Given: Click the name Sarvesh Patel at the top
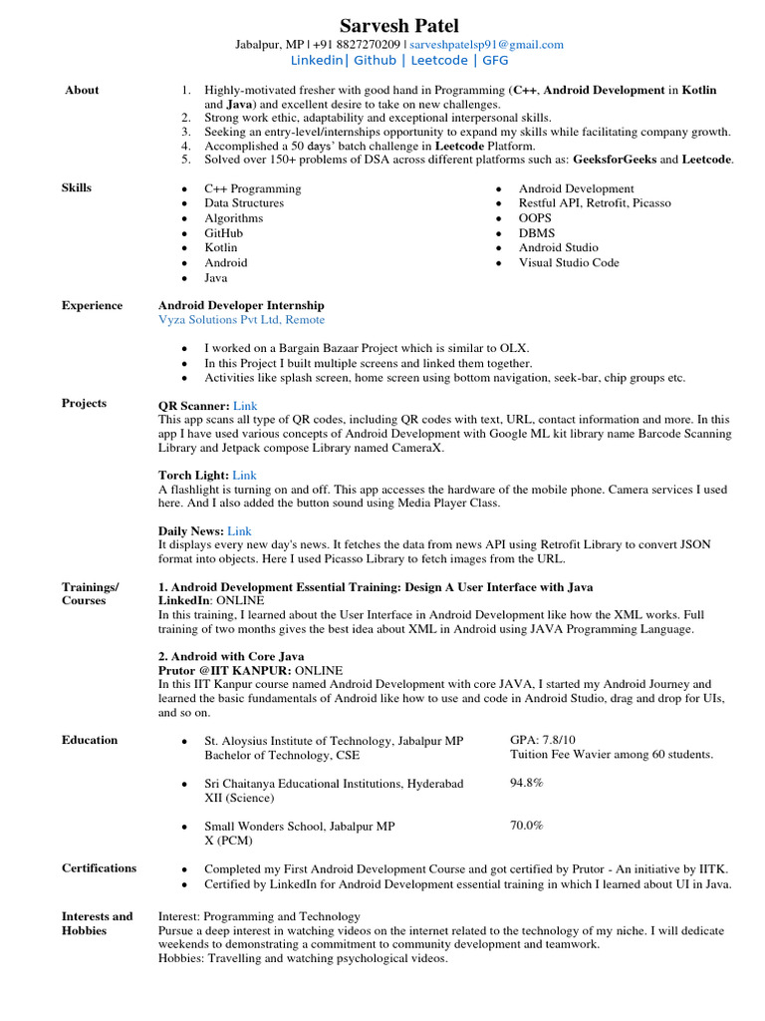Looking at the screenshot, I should [399, 25].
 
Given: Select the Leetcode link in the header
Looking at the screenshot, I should [439, 61].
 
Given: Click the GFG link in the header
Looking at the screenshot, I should [495, 61].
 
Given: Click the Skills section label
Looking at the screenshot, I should [76, 187].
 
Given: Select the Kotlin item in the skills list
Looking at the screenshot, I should [221, 247].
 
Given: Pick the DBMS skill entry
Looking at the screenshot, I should [536, 232].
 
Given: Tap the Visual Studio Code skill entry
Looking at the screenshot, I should [569, 262].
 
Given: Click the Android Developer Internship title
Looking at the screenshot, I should [241, 305].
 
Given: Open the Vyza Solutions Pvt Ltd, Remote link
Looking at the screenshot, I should [241, 320].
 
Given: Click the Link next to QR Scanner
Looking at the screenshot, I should [245, 406].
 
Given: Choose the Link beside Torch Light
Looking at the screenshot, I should [244, 476].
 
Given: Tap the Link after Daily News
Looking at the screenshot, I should [239, 531].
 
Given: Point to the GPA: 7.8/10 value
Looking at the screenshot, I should [543, 741].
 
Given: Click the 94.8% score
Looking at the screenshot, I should [527, 784].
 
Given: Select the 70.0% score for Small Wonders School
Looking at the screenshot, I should [527, 826].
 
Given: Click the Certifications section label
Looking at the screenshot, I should [99, 867].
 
